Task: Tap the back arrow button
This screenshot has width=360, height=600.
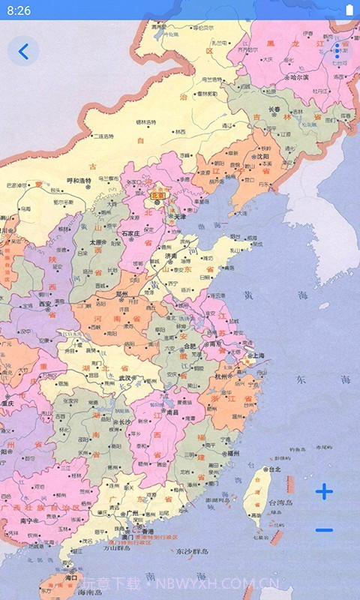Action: tap(23, 51)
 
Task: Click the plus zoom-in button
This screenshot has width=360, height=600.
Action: tap(324, 492)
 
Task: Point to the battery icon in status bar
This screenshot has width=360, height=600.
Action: tap(349, 10)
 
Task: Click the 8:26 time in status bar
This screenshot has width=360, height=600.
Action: tap(19, 10)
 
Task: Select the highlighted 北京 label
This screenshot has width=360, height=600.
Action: tap(157, 195)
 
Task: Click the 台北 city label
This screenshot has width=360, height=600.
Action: tap(274, 469)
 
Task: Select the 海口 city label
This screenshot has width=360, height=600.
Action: tap(71, 578)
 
